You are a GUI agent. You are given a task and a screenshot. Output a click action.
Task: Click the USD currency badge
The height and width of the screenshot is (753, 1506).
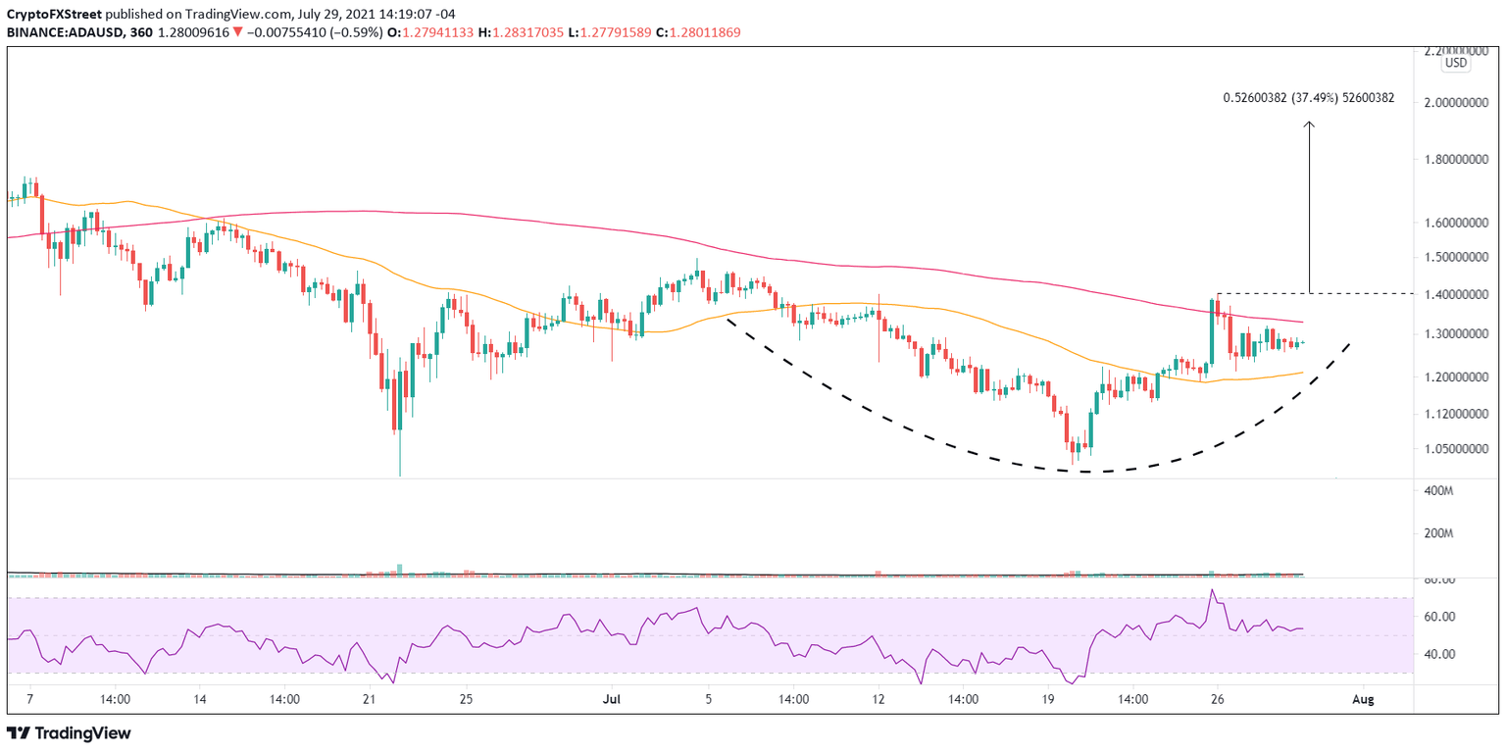click(1456, 63)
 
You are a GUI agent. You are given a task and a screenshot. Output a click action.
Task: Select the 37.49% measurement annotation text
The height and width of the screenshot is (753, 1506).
click(1308, 98)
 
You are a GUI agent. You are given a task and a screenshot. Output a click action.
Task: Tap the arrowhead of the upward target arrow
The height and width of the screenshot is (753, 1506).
click(1308, 125)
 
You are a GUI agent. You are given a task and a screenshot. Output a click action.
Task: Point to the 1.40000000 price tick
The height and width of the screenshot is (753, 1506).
click(1456, 295)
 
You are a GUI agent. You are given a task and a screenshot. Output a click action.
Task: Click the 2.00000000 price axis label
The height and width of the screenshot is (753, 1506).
click(1456, 103)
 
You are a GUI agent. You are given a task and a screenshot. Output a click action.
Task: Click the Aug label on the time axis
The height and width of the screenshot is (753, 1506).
click(1361, 700)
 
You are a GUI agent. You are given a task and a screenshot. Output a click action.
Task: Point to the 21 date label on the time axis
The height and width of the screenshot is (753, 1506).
click(369, 700)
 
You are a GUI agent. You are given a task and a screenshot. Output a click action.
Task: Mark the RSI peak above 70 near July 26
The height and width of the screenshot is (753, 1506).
click(1213, 590)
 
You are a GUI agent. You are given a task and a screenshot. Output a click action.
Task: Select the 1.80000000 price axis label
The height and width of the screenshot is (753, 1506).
click(1456, 160)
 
